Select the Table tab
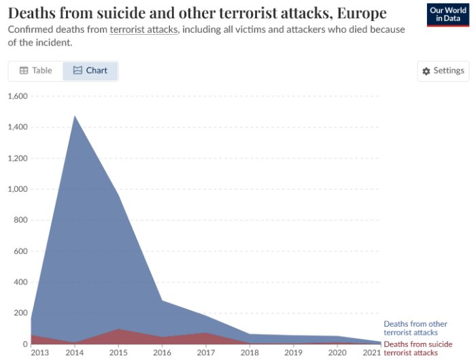pyautogui.click(x=35, y=71)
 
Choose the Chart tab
pyautogui.click(x=90, y=71)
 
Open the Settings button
pyautogui.click(x=443, y=71)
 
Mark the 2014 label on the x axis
pyautogui.click(x=75, y=353)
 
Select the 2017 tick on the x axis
pyautogui.click(x=206, y=353)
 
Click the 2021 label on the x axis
pyautogui.click(x=372, y=353)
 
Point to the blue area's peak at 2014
pyautogui.click(x=75, y=116)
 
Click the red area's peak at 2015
pyautogui.click(x=118, y=329)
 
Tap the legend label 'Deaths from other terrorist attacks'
pyautogui.click(x=415, y=328)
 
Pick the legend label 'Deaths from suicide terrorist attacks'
pyautogui.click(x=418, y=348)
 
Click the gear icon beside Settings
pyautogui.click(x=426, y=71)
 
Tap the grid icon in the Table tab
pyautogui.click(x=24, y=71)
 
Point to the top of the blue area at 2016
pyautogui.click(x=162, y=301)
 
